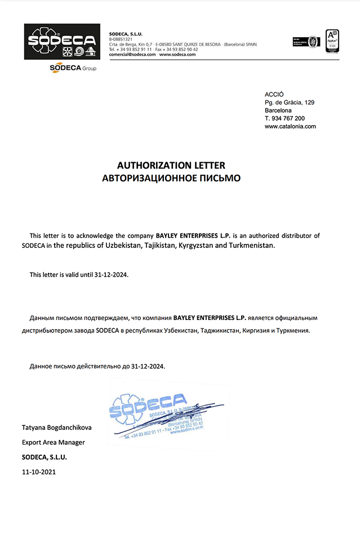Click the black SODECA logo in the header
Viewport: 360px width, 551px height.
pos(62,41)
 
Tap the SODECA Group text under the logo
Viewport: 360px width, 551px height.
pos(73,68)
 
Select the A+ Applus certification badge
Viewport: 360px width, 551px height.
pos(332,41)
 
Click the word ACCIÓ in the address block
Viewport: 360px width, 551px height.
pos(274,94)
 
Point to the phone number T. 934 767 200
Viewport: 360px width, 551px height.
pos(285,118)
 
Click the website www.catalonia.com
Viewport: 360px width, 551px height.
pos(290,126)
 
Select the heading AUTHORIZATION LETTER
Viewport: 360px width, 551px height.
pos(171,166)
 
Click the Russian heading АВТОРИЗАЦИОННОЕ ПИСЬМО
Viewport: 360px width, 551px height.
pos(171,178)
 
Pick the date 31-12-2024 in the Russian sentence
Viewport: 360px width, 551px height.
pos(148,366)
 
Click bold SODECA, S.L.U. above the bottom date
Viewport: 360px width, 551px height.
pos(44,457)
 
